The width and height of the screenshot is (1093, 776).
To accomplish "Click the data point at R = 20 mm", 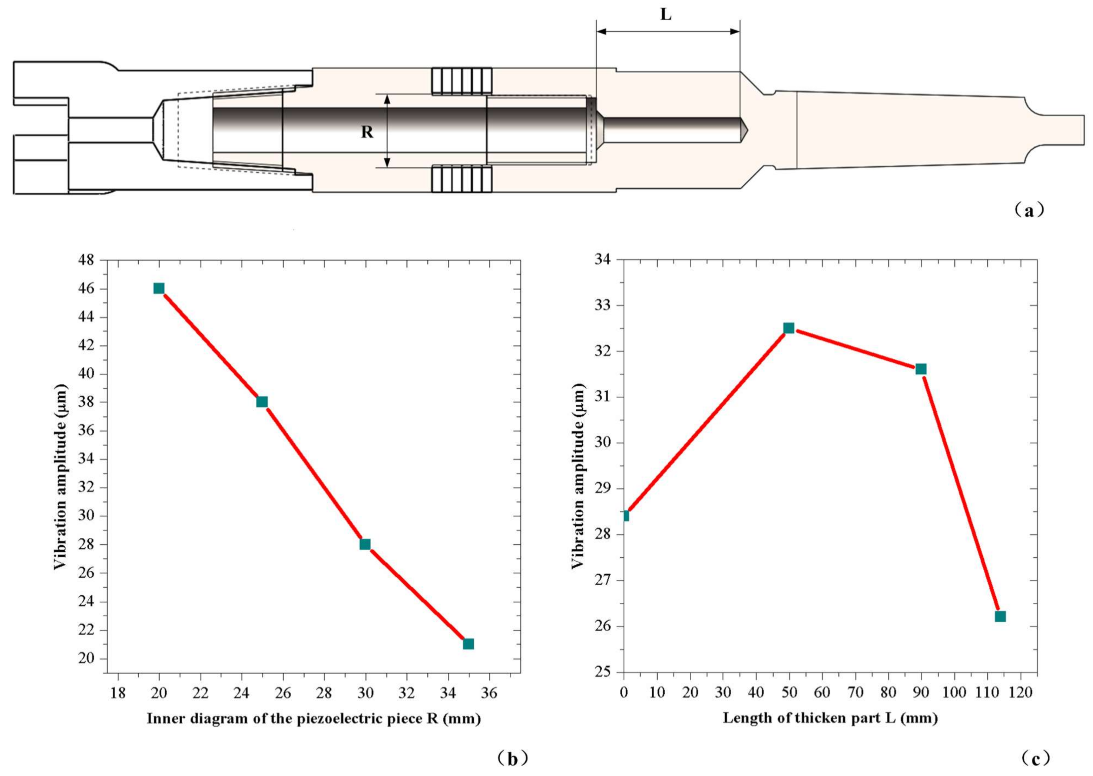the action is [x=159, y=288].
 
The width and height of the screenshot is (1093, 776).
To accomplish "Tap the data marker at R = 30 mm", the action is [x=365, y=544].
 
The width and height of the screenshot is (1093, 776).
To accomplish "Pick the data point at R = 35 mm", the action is [x=468, y=644].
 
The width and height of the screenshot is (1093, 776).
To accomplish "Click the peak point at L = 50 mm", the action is [x=789, y=328].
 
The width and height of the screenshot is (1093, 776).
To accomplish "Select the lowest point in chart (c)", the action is [x=1000, y=617].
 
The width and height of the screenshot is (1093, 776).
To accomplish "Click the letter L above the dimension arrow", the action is [x=666, y=14].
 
